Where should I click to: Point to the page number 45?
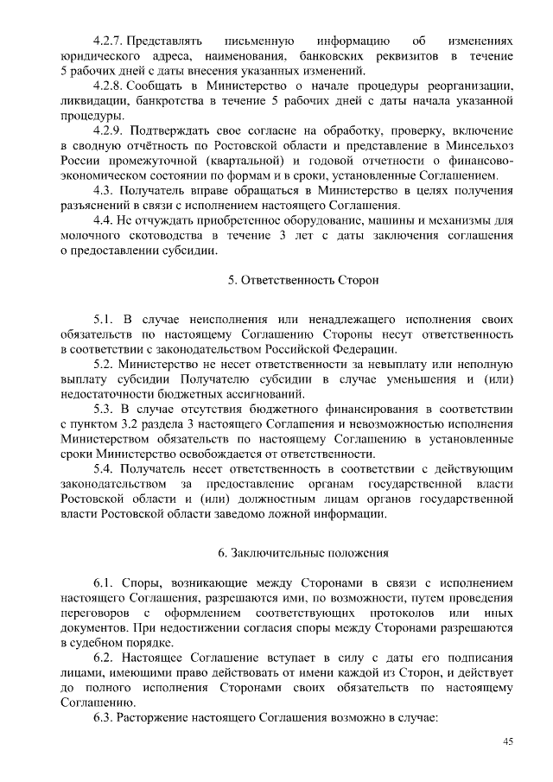tap(508, 741)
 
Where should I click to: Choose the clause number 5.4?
tap(105, 468)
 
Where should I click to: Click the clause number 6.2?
tap(105, 658)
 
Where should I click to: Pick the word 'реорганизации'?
tap(474, 86)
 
